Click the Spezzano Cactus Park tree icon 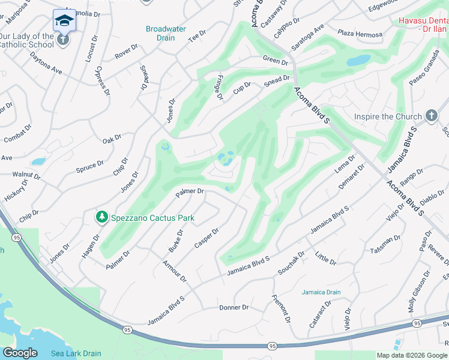(x=102, y=217)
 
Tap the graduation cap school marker (x=64, y=20)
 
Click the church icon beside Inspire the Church (x=430, y=116)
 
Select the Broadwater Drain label (x=166, y=33)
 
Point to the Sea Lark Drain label (x=76, y=353)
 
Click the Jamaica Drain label (x=321, y=292)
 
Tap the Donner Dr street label (x=234, y=307)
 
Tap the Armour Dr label (x=175, y=271)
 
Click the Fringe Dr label (x=219, y=87)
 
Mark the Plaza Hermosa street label (x=360, y=34)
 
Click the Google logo (x=20, y=353)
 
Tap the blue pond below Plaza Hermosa (x=358, y=61)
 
